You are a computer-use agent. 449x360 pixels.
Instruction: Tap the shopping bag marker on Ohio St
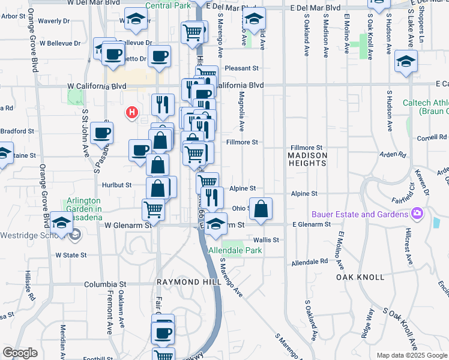point(261,209)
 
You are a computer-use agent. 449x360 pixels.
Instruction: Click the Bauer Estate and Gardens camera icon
point(417,214)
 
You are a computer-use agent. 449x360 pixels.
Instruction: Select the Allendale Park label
point(235,250)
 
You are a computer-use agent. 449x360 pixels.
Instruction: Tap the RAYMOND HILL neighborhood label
point(181,281)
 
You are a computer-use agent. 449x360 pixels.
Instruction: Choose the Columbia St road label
point(105,284)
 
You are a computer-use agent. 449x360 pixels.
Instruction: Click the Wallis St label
point(266,239)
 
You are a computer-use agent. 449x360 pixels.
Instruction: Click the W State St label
point(71,255)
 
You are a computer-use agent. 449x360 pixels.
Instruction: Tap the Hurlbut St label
point(116,185)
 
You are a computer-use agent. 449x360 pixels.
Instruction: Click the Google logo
point(20,353)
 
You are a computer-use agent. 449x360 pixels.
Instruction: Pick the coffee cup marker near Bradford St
point(101,132)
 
